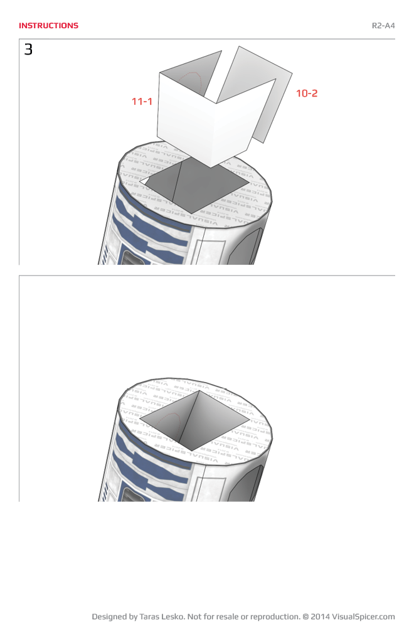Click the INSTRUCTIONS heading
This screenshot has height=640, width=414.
click(48, 26)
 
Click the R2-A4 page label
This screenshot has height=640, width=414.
click(383, 26)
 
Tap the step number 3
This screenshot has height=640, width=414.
click(28, 50)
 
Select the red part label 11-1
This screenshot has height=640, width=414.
click(142, 101)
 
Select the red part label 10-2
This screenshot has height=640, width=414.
click(307, 93)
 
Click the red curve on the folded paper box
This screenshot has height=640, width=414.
click(191, 79)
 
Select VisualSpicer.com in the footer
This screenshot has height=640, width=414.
click(363, 617)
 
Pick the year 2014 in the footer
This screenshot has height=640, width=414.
click(320, 617)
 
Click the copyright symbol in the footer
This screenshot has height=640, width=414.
click(305, 617)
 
